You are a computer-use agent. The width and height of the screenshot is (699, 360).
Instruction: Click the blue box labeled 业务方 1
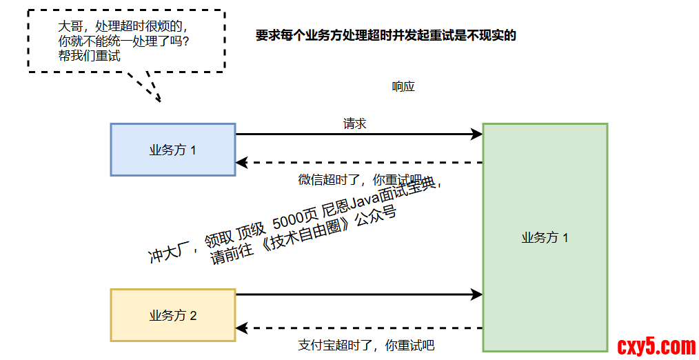pos(172,150)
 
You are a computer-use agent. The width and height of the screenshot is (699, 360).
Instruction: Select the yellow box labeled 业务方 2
pos(172,315)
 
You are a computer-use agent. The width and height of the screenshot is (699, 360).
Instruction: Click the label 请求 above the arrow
pos(354,124)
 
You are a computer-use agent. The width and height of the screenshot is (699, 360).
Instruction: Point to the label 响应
pos(403,87)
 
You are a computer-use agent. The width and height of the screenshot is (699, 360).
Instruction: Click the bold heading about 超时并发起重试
pos(385,36)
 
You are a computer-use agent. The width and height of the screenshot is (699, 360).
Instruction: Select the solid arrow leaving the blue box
pos(358,134)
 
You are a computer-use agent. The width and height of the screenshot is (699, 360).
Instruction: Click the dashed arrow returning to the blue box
pos(358,163)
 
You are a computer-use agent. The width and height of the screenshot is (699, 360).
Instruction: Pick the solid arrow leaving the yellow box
pos(358,294)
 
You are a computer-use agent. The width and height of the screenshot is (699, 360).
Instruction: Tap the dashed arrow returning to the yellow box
pos(358,328)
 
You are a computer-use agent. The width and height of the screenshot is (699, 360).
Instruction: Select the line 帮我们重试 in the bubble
pos(89,57)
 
